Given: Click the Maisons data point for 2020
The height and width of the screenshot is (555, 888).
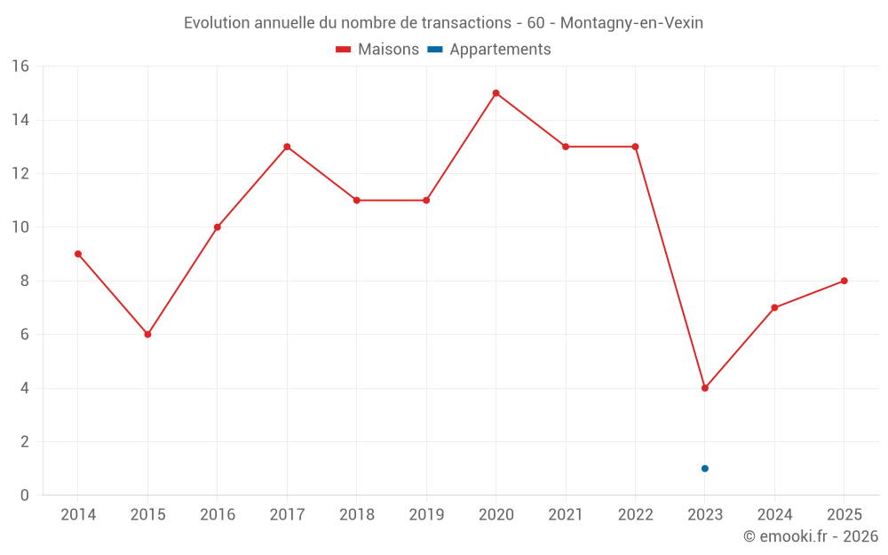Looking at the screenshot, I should [x=496, y=93].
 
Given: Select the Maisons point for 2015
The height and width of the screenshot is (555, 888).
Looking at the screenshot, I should [x=147, y=335].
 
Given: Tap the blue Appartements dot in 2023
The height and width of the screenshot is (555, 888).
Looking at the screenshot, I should [x=705, y=469].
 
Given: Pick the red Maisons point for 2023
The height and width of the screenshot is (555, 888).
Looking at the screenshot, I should [x=705, y=388].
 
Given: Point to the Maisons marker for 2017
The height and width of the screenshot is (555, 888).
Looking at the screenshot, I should [x=287, y=147].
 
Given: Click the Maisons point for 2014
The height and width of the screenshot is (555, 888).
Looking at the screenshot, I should [x=78, y=254].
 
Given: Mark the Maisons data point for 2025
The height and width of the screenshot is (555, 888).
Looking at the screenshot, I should [x=844, y=281].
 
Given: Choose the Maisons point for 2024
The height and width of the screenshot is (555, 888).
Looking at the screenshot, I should [x=774, y=308].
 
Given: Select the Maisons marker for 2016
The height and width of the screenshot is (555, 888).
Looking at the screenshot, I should [x=218, y=227].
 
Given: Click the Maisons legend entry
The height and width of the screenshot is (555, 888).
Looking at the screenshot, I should [x=377, y=50].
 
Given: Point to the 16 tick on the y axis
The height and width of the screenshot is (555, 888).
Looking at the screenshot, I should [x=20, y=67].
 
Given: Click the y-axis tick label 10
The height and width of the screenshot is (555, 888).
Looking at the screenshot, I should [x=20, y=227].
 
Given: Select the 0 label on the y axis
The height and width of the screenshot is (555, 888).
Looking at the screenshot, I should [x=24, y=496].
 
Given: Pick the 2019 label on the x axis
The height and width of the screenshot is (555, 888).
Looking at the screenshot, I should [x=426, y=515].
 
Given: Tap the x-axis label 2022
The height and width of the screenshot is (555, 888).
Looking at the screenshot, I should [x=635, y=515].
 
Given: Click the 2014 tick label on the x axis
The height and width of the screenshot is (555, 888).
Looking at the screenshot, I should [x=78, y=515].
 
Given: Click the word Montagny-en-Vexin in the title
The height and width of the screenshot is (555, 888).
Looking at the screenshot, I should [x=631, y=23].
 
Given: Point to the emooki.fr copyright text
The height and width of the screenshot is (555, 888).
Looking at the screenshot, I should [x=811, y=536].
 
